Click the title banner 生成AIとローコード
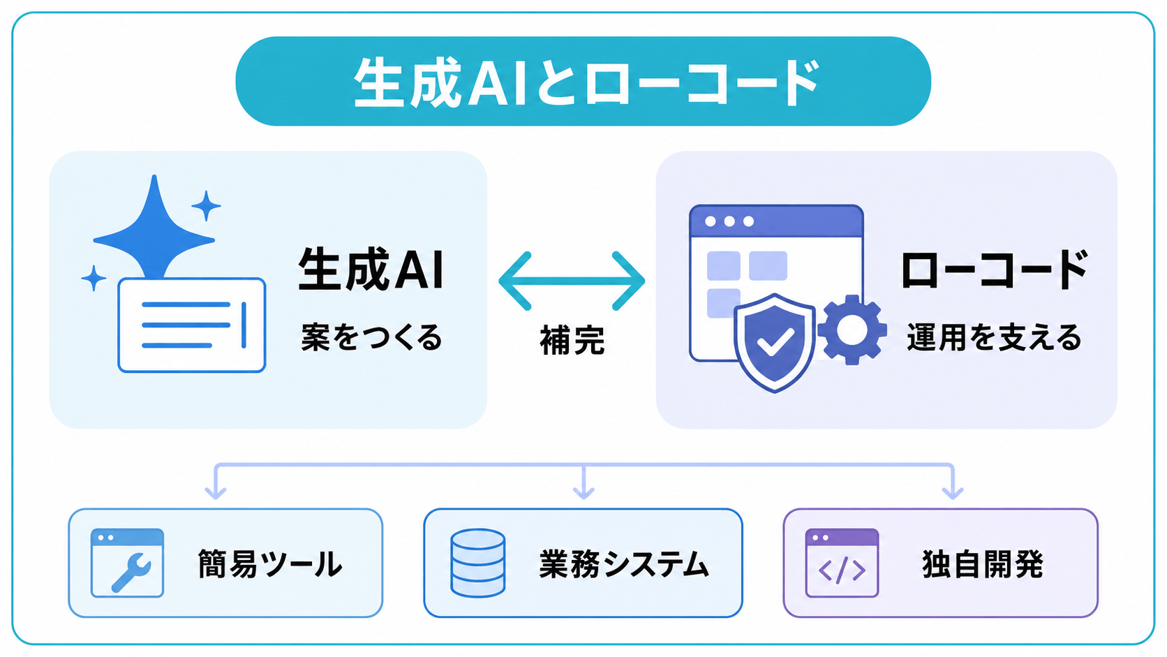583,81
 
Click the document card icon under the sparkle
192,325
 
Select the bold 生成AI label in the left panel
371,269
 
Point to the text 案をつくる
371,337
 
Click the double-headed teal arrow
572,281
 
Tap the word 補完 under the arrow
572,340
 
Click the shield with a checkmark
775,342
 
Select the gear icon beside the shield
852,330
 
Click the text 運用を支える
994,337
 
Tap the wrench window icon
127,563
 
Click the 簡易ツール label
270,563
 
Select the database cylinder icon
477,563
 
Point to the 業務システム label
623,563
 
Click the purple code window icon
842,563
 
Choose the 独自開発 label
983,563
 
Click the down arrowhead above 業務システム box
583,492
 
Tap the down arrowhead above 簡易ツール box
216,492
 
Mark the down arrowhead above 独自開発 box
953,492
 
